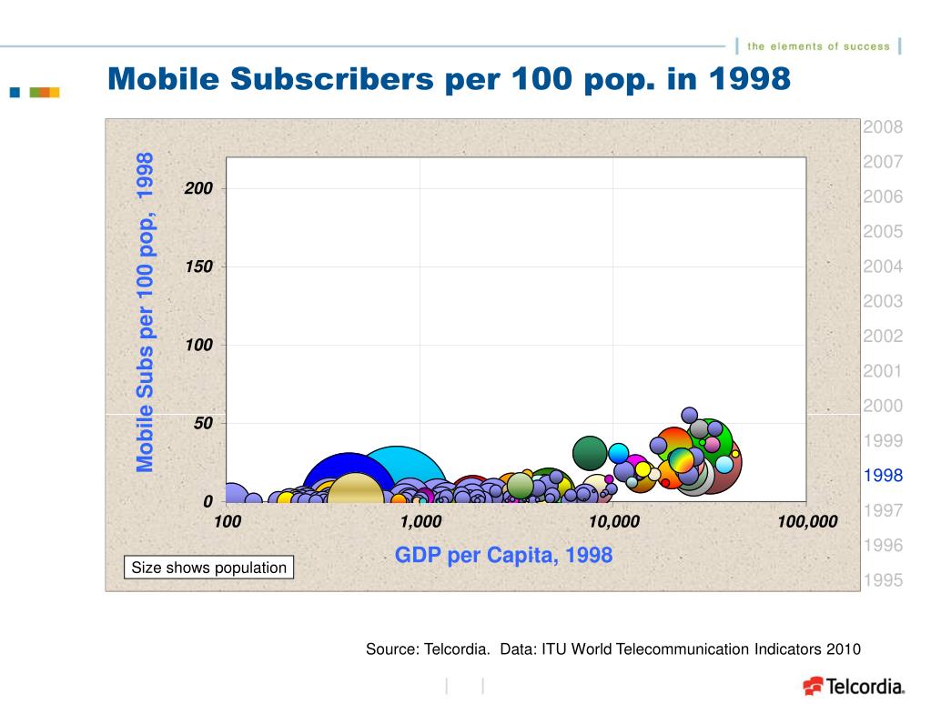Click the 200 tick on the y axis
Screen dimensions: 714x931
tap(199, 188)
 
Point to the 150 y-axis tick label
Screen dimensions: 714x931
tap(199, 266)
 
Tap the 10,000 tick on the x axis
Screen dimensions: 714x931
tap(613, 521)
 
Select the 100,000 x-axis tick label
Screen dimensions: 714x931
tap(807, 521)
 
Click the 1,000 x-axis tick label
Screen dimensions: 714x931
tap(420, 521)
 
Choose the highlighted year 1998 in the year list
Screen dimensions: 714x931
tap(883, 475)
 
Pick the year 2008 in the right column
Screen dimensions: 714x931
tap(883, 126)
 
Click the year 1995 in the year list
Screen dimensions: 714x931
tap(883, 580)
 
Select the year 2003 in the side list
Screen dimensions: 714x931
tap(883, 301)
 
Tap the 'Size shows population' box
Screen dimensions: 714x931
tap(209, 568)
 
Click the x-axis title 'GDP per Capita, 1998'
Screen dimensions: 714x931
tap(503, 554)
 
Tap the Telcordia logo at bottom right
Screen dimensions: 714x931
tap(853, 687)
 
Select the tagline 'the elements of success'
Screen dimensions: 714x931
tap(817, 46)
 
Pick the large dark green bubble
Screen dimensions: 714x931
tap(590, 452)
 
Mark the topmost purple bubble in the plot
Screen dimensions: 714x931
tap(689, 415)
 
